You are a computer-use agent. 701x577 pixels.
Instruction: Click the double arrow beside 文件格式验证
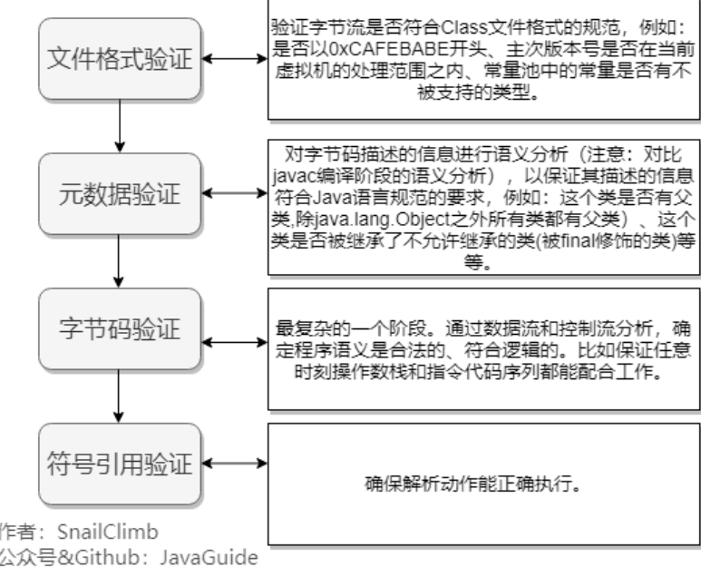click(x=234, y=60)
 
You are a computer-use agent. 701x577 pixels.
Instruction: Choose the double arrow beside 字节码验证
click(x=234, y=328)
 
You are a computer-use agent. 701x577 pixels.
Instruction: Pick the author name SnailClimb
click(x=107, y=532)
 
